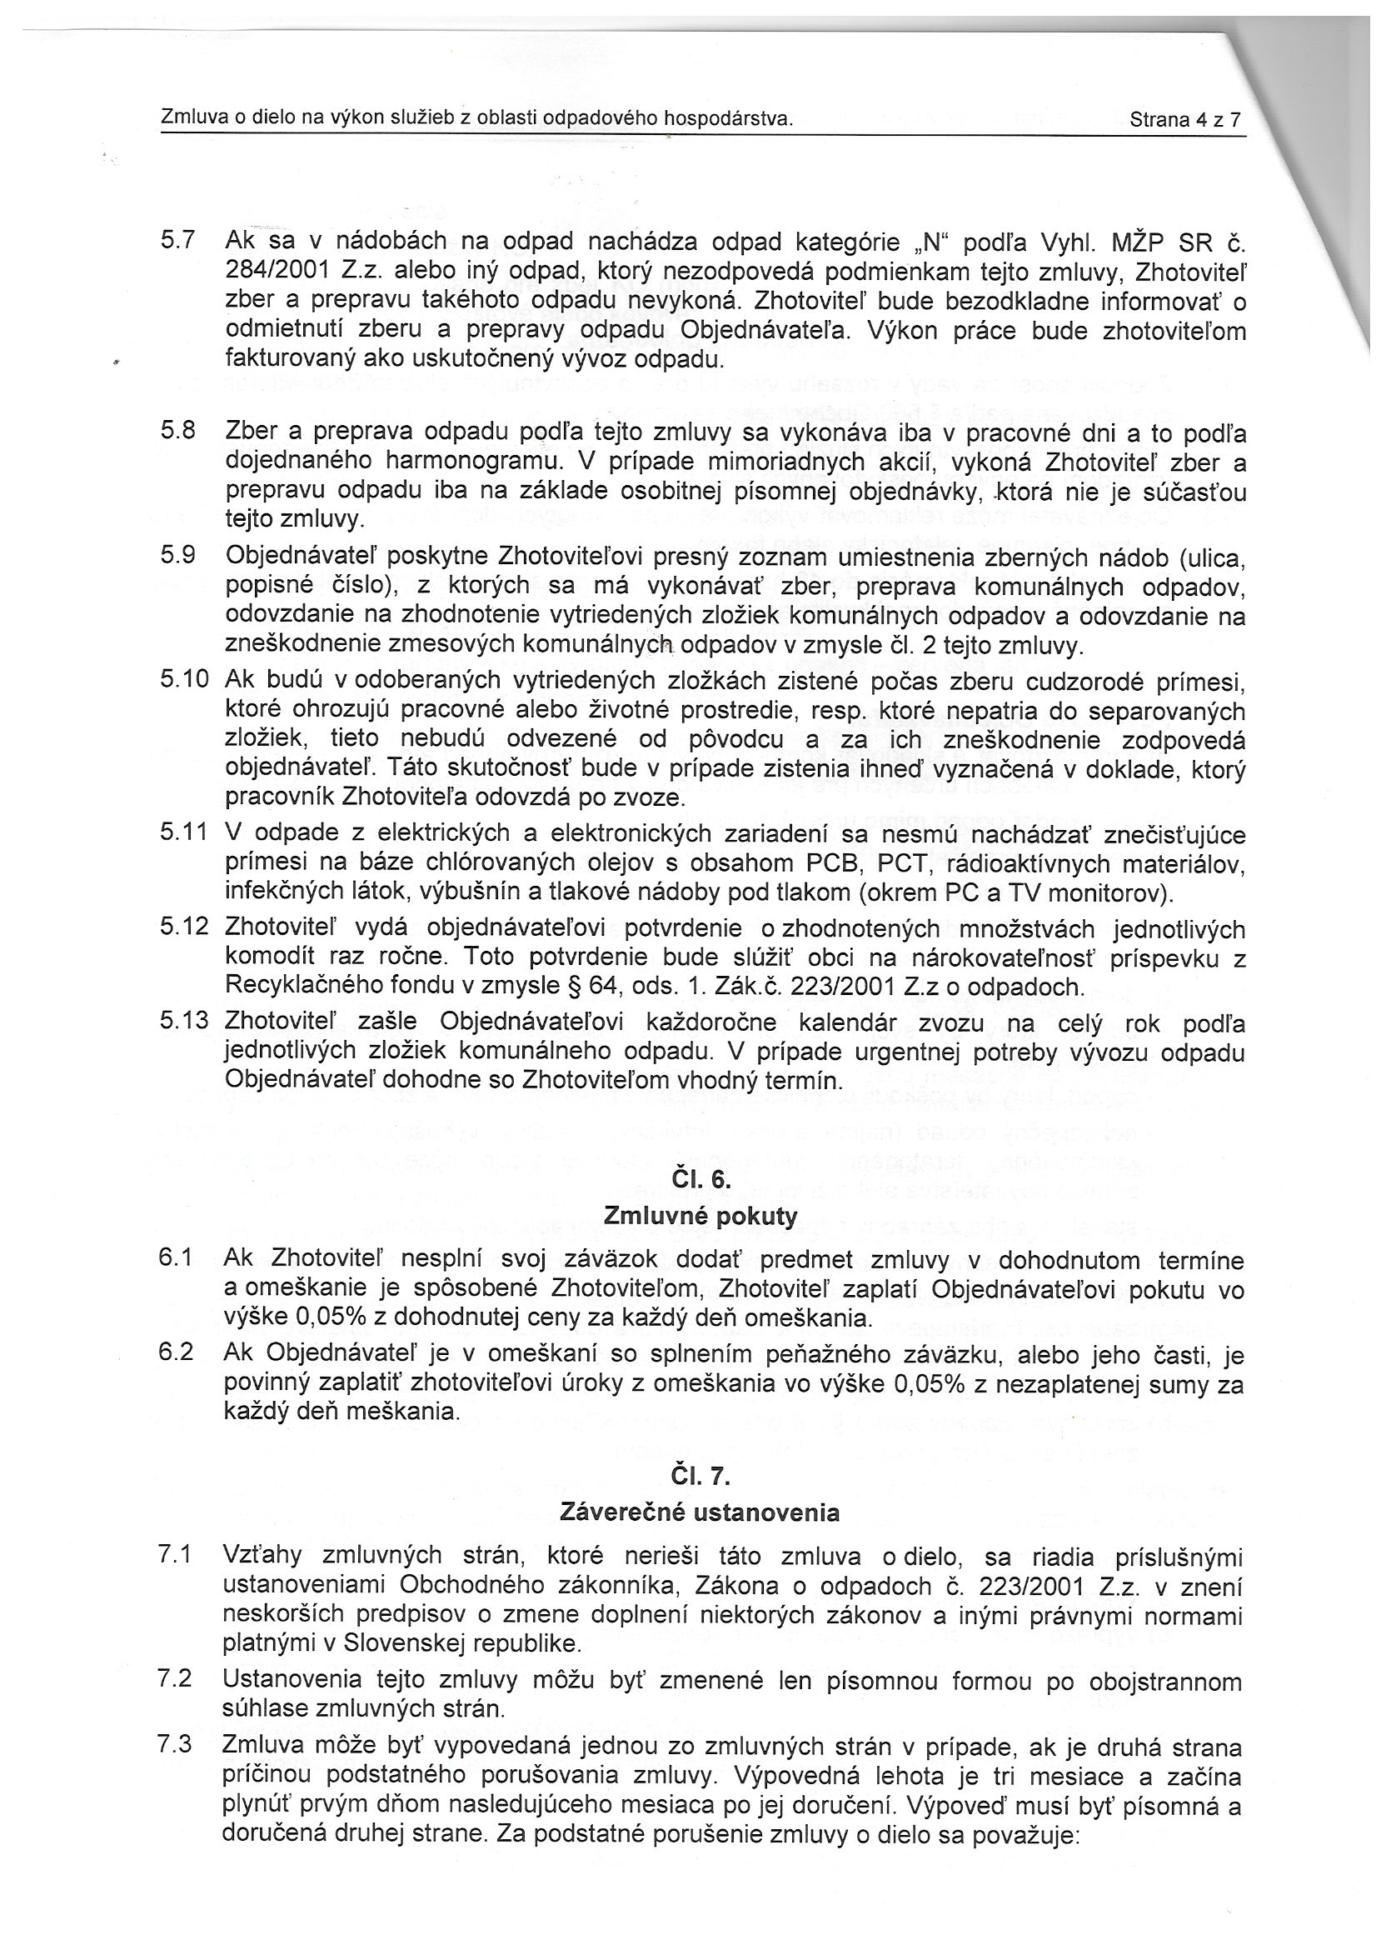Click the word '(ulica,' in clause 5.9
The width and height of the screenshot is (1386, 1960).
pyautogui.click(x=1209, y=559)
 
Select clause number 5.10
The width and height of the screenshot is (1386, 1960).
pyautogui.click(x=183, y=679)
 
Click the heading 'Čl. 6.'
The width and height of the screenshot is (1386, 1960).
pyautogui.click(x=700, y=1181)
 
